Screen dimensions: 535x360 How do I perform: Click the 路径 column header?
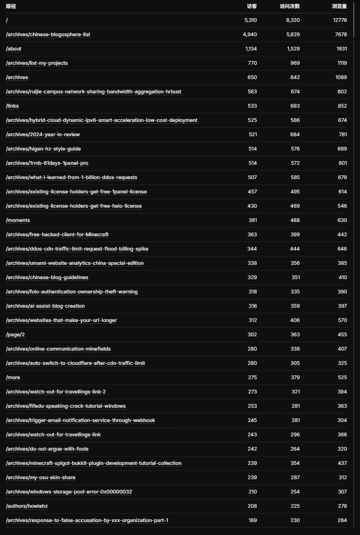point(11,7)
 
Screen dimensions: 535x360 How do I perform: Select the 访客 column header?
point(252,7)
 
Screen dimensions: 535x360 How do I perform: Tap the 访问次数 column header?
point(290,7)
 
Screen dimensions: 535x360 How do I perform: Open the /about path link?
point(13,49)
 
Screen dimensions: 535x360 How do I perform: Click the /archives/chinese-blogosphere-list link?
point(48,34)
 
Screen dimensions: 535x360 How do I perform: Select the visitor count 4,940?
point(250,34)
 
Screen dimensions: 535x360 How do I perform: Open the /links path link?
point(13,106)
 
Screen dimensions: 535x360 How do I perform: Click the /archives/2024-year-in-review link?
point(43,134)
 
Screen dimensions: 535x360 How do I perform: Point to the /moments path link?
point(18,220)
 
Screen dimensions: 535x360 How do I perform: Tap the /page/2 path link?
point(15,334)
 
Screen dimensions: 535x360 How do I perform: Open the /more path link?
point(13,377)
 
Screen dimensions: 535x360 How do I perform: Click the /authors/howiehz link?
point(27,506)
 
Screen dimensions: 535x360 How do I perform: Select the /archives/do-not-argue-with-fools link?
point(47,449)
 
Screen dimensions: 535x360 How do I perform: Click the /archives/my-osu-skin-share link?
point(41,477)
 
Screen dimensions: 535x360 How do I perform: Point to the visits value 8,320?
point(293,20)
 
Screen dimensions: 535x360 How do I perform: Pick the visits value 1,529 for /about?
point(293,49)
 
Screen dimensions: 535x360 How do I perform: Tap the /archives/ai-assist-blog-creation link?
point(45,306)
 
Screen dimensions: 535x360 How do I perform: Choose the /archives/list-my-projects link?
point(37,63)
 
